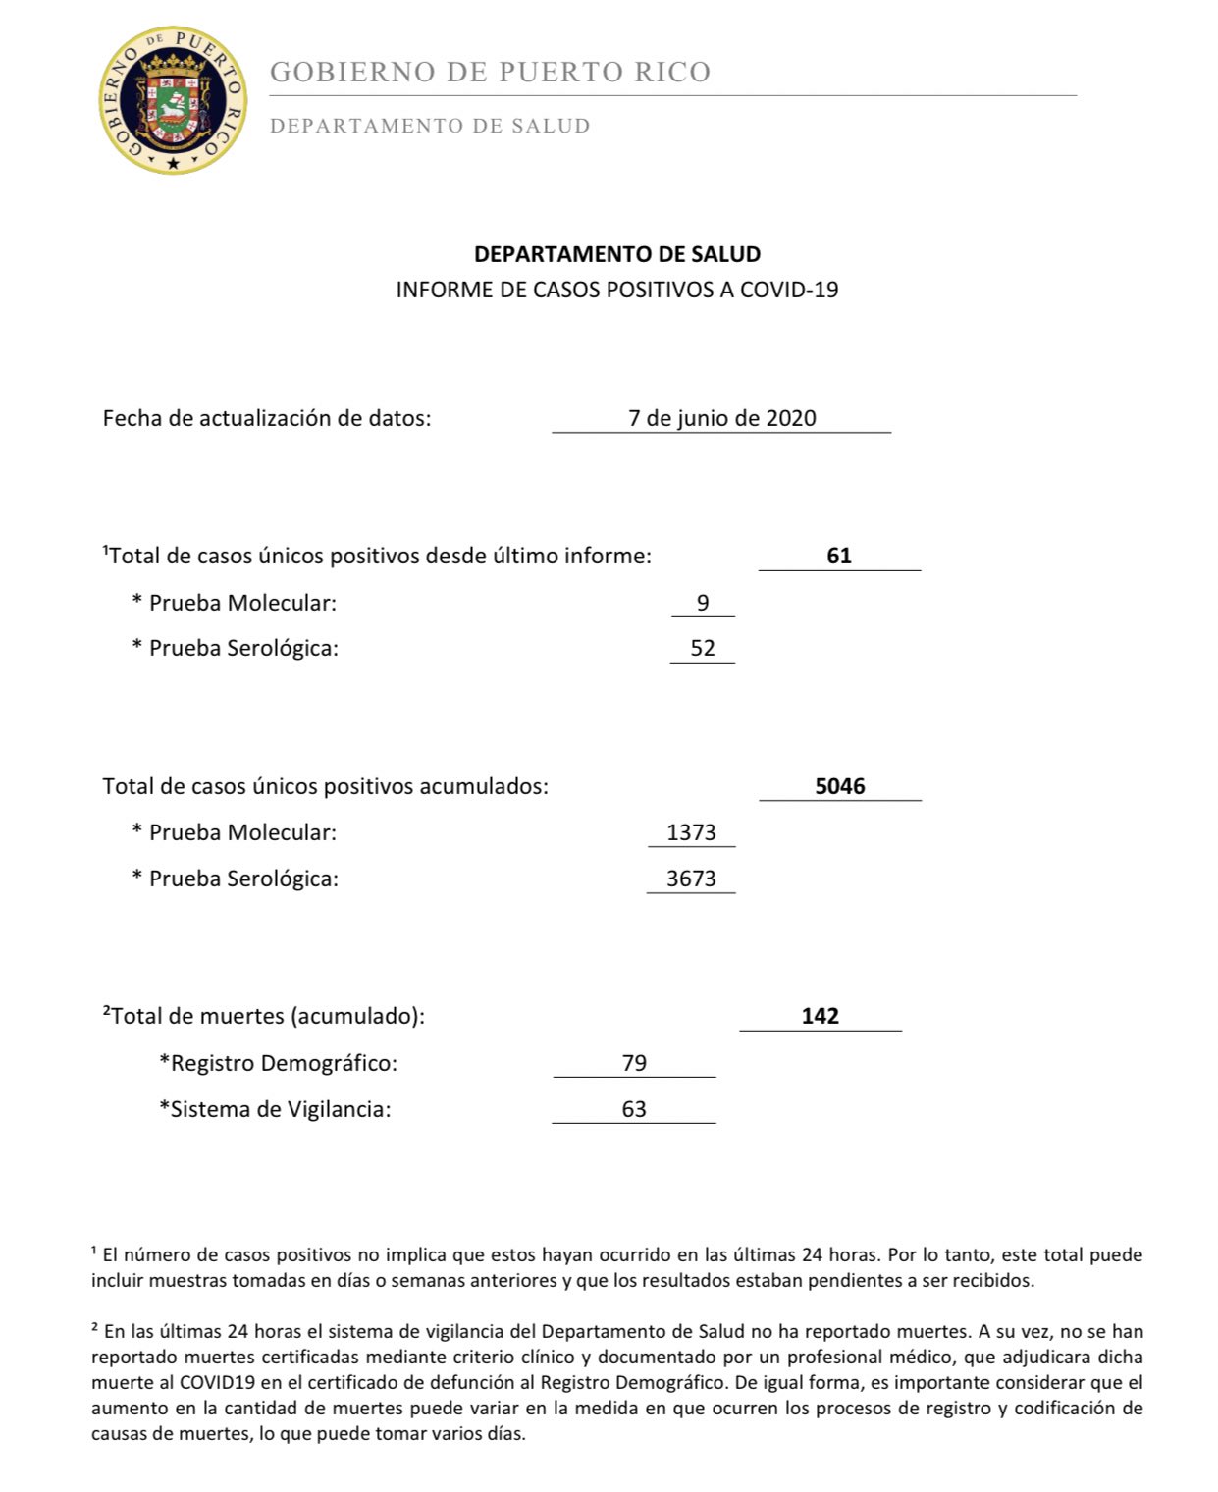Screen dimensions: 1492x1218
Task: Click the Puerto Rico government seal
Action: click(173, 101)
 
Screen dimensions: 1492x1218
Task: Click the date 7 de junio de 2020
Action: click(721, 418)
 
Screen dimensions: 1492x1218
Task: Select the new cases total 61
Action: click(839, 556)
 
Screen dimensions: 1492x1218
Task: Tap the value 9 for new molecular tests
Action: click(703, 603)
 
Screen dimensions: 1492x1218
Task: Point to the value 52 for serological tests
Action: click(703, 649)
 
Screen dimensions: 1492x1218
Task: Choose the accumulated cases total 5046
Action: click(840, 786)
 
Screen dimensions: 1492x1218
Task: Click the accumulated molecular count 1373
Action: click(691, 832)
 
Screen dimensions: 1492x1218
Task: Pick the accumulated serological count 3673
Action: click(691, 879)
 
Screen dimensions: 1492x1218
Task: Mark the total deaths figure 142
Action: click(821, 1016)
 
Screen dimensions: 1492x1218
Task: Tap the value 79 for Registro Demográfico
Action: click(634, 1063)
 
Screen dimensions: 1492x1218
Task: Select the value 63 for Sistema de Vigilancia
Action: click(634, 1109)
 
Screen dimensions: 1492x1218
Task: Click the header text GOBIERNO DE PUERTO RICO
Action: click(490, 73)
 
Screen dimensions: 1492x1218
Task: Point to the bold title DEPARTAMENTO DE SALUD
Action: click(617, 254)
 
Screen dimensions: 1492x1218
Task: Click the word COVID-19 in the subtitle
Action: click(789, 290)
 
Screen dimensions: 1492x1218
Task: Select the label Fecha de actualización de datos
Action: click(267, 418)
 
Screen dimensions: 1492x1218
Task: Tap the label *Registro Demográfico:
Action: click(279, 1063)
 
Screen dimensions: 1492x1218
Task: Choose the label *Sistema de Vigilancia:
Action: click(275, 1109)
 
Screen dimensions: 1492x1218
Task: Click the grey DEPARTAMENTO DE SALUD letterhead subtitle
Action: click(430, 126)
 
